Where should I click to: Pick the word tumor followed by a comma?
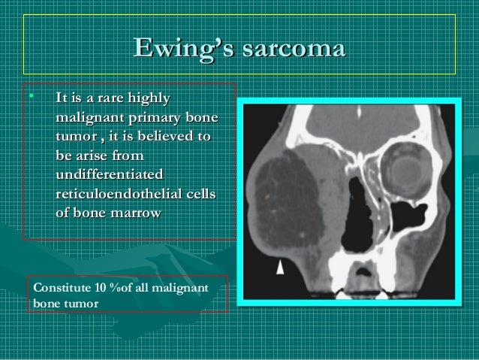click(x=74, y=138)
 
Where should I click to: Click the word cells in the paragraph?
click(x=198, y=194)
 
